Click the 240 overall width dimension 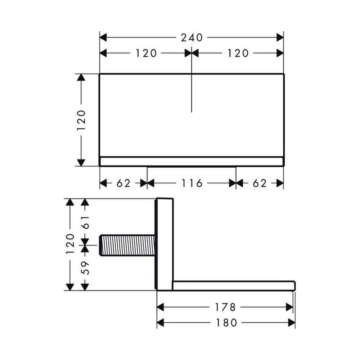click(191, 37)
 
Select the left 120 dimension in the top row click(146, 53)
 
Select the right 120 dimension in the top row click(238, 53)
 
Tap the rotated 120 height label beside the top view click(81, 120)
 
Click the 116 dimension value click(191, 183)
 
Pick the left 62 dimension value click(123, 183)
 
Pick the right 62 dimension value click(260, 183)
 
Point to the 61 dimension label click(85, 221)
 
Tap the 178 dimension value click(225, 307)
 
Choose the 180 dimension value click(226, 323)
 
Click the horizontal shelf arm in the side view click(233, 285)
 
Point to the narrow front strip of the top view click(191, 161)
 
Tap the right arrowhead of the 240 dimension click(280, 37)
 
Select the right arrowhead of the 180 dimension click(291, 323)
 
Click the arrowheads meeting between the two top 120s click(191, 53)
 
